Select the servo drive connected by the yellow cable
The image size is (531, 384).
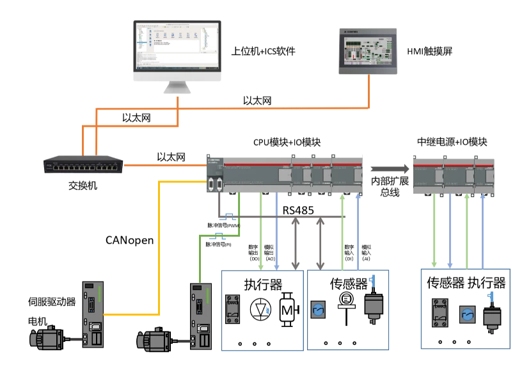point(93,314)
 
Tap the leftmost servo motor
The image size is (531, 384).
point(49,338)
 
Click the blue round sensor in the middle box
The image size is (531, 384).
point(318,310)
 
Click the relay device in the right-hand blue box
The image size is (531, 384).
point(440,311)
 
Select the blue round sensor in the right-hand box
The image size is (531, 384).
point(466,313)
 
